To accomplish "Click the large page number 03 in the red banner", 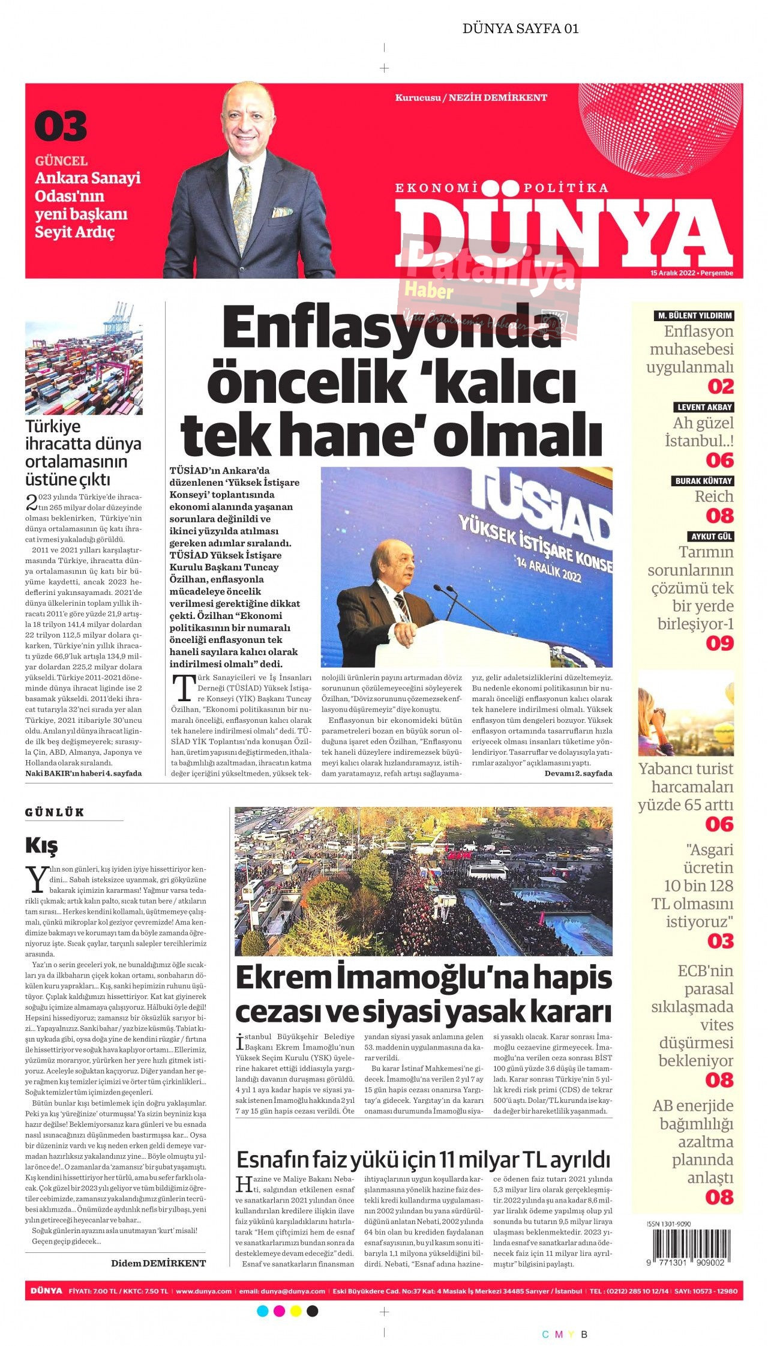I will pyautogui.click(x=61, y=126).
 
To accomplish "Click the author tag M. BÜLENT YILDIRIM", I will pyautogui.click(x=694, y=316).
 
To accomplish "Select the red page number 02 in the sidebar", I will pyautogui.click(x=720, y=386).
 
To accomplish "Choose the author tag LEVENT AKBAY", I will pyautogui.click(x=704, y=407).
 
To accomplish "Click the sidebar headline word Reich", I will pyautogui.click(x=714, y=496).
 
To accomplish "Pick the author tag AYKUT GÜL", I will pyautogui.click(x=712, y=537).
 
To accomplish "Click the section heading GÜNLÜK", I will pyautogui.click(x=55, y=812).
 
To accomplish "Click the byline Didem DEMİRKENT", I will pyautogui.click(x=158, y=1263).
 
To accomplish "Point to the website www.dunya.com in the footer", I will pyautogui.click(x=203, y=1291).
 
